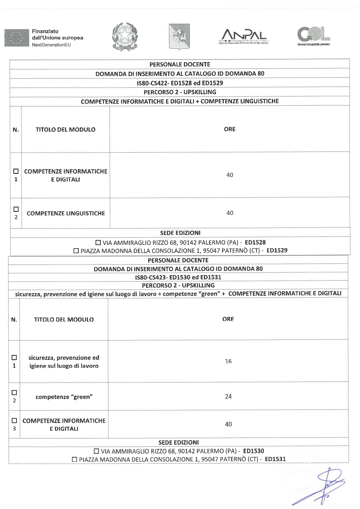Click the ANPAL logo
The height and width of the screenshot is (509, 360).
click(x=244, y=36)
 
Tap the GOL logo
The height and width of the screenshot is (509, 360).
click(x=314, y=36)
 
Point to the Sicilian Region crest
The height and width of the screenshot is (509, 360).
click(x=179, y=36)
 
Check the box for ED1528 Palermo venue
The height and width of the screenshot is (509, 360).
click(x=98, y=242)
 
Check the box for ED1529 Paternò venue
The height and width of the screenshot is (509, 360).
click(x=76, y=250)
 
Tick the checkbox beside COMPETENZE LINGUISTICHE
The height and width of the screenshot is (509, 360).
click(x=16, y=209)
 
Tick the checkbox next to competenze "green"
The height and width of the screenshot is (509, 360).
click(x=14, y=392)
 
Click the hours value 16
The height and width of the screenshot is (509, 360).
click(x=228, y=361)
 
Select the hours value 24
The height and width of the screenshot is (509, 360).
click(x=228, y=396)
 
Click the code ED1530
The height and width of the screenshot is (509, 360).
click(x=253, y=451)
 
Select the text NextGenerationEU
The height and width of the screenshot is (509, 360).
click(x=51, y=45)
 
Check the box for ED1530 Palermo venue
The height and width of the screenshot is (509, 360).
click(x=96, y=451)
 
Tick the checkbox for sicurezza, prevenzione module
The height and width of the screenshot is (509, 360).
click(x=14, y=357)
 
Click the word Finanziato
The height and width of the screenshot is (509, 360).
click(x=45, y=31)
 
